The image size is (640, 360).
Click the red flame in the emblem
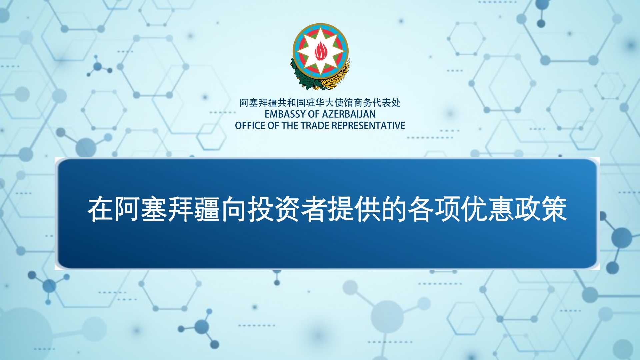320,52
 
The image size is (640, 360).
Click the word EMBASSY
285,114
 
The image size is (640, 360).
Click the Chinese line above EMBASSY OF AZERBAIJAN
320,103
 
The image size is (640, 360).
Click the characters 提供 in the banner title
354,209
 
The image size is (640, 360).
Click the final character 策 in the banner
554,209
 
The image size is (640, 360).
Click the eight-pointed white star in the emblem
320,51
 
